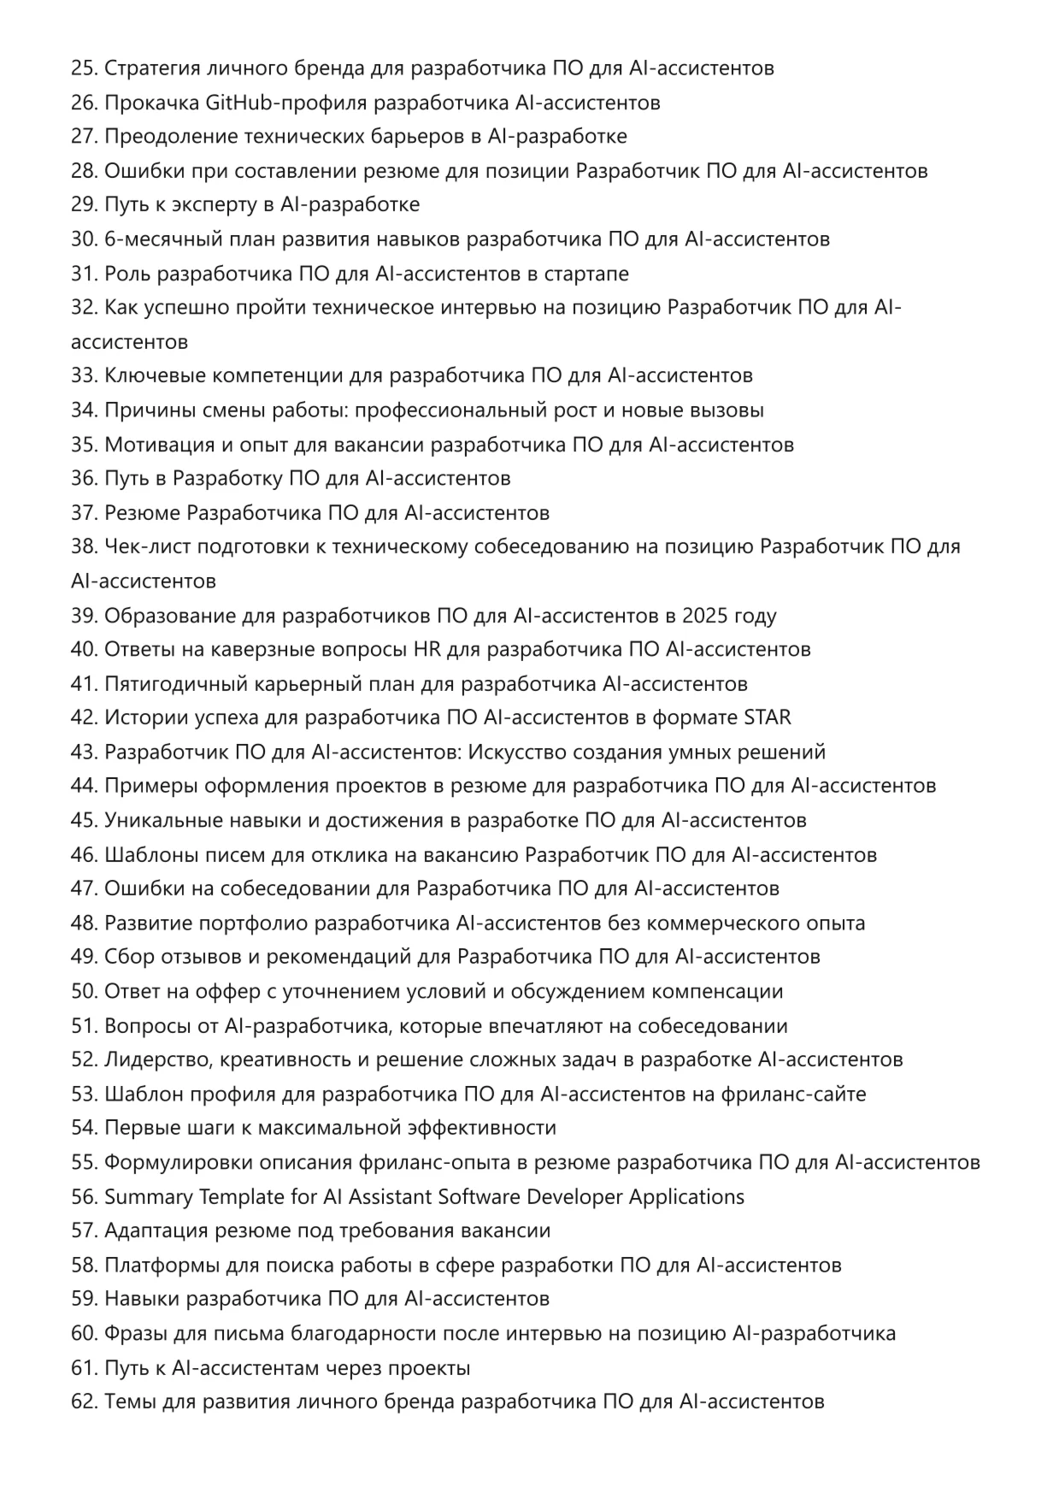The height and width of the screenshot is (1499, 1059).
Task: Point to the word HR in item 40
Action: (427, 649)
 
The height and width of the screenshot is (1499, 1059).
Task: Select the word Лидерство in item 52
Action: (157, 1059)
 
